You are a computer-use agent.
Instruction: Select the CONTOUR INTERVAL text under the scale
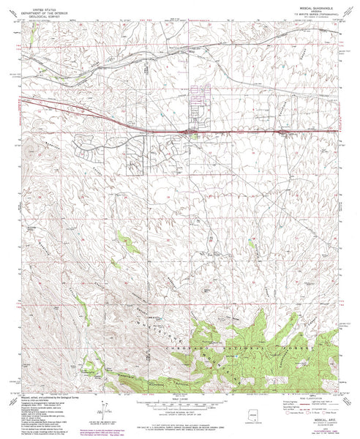(x=180, y=412)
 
